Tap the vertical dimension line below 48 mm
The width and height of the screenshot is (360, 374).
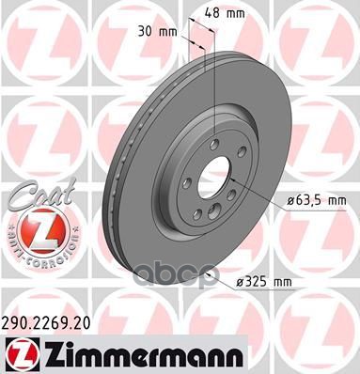pos(215,75)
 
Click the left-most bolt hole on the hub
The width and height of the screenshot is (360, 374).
pos(186,184)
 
